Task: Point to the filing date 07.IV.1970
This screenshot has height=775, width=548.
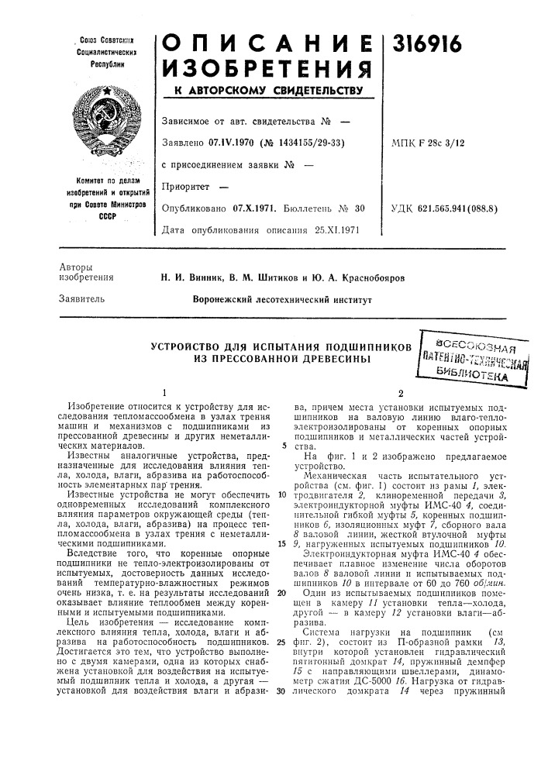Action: click(233, 143)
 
